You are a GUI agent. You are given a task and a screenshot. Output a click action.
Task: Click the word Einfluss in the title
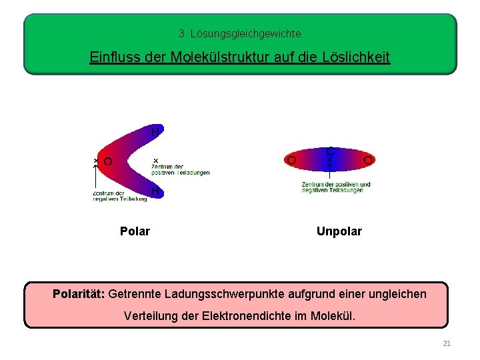coord(112,57)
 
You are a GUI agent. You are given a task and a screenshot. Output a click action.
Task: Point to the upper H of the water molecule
coord(155,132)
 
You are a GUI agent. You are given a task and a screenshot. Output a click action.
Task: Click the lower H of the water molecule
coord(155,191)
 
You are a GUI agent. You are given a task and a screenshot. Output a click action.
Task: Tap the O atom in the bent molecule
coord(108,161)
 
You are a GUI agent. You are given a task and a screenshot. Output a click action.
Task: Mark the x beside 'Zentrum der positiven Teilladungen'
coord(156,161)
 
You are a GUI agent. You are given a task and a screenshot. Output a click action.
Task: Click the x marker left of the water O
coord(95,161)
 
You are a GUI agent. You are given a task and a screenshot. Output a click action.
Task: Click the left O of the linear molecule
coord(291,161)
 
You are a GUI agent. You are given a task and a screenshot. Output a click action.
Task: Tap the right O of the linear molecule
coord(368,161)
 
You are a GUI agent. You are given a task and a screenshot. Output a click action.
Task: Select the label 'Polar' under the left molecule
coord(135,231)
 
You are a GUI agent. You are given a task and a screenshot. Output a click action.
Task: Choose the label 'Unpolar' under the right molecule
coord(339,231)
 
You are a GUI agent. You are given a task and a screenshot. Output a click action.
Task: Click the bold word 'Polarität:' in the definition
coord(79,293)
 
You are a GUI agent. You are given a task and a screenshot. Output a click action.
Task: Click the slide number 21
coord(447,343)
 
